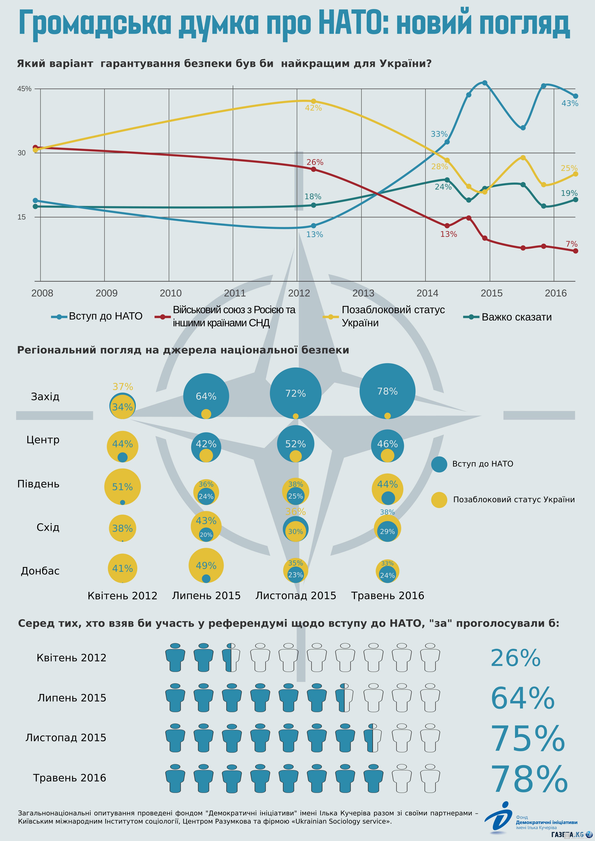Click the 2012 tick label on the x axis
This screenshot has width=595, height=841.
pyautogui.click(x=299, y=293)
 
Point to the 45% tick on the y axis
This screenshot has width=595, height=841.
pyautogui.click(x=24, y=89)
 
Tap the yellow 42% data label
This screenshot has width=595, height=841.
pyautogui.click(x=313, y=108)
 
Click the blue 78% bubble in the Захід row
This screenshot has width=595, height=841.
pyautogui.click(x=387, y=391)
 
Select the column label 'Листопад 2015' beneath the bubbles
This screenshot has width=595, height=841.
pyautogui.click(x=296, y=596)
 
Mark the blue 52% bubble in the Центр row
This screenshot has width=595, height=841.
pyautogui.click(x=295, y=444)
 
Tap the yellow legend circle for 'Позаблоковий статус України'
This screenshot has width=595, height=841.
pyautogui.click(x=439, y=500)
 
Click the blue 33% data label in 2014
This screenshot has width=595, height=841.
pyautogui.click(x=439, y=134)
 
